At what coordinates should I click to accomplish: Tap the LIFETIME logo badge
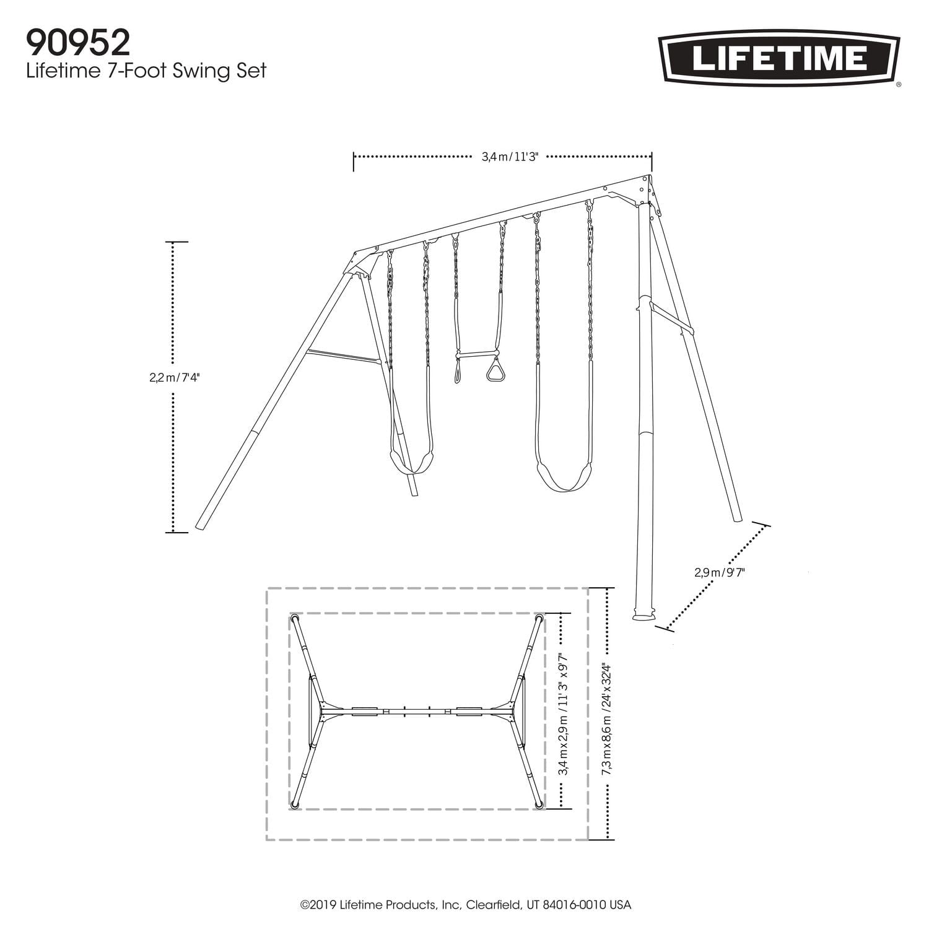tap(779, 59)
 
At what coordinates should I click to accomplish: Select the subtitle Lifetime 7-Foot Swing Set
tap(146, 71)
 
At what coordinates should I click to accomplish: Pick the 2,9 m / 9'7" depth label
tap(719, 572)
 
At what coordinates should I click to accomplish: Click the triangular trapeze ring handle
tap(495, 372)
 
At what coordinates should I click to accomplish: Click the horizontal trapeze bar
tap(477, 354)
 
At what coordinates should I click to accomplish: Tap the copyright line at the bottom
tap(465, 904)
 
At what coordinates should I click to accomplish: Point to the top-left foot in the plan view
tap(295, 618)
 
